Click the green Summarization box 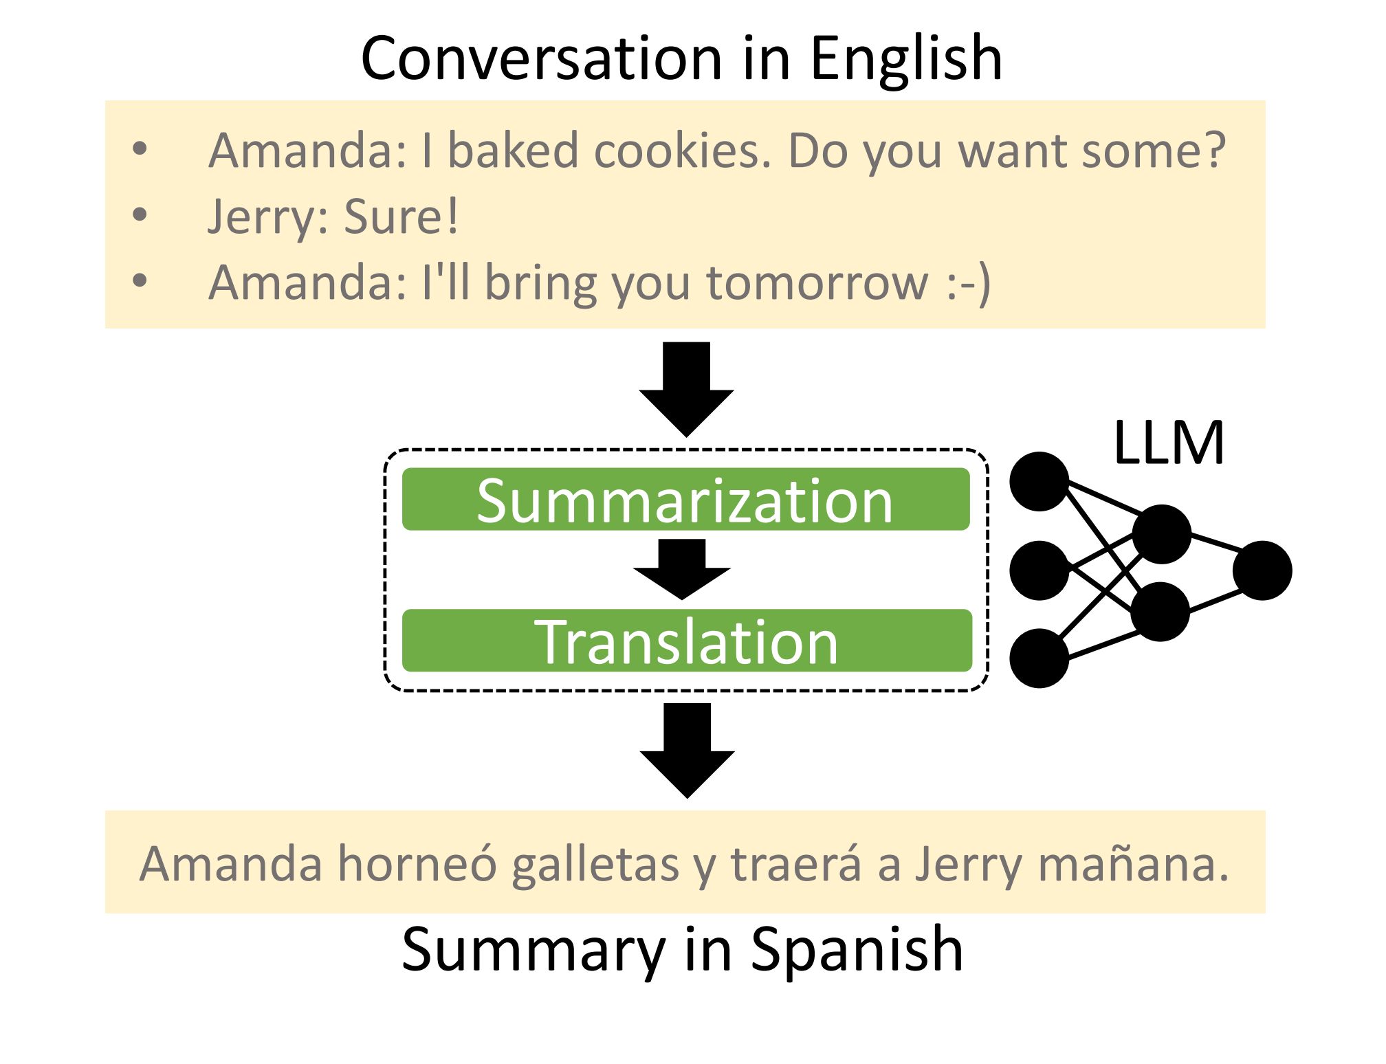(x=685, y=500)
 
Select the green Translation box (x=687, y=641)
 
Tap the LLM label (x=1168, y=443)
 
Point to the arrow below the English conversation (x=687, y=388)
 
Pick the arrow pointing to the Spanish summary (x=687, y=749)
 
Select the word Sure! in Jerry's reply (x=401, y=217)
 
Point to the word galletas (x=595, y=864)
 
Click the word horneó (x=417, y=864)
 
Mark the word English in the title (x=905, y=58)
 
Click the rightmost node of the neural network (x=1262, y=570)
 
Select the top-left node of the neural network (x=1039, y=481)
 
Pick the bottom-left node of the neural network (x=1039, y=658)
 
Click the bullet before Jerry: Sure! (x=140, y=215)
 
